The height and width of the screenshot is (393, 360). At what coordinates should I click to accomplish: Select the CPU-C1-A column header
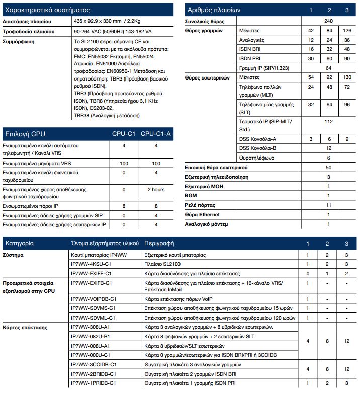click(x=156, y=134)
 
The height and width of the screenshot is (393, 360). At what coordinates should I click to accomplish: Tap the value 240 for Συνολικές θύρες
click(x=328, y=21)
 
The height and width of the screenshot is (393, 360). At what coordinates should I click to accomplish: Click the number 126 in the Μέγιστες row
click(x=346, y=31)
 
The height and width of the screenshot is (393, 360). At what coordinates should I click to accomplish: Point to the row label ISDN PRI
click(x=250, y=58)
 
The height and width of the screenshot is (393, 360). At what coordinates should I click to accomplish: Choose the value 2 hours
click(x=156, y=190)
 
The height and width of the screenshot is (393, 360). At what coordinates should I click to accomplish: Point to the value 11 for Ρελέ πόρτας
click(x=328, y=205)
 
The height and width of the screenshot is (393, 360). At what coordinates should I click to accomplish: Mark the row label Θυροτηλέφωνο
click(x=256, y=158)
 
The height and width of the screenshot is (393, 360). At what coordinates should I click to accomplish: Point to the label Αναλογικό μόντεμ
click(x=206, y=224)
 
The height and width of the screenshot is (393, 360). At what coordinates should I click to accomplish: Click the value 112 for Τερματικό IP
click(x=328, y=122)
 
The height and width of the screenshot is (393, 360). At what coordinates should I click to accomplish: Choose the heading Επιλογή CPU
click(x=25, y=134)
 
